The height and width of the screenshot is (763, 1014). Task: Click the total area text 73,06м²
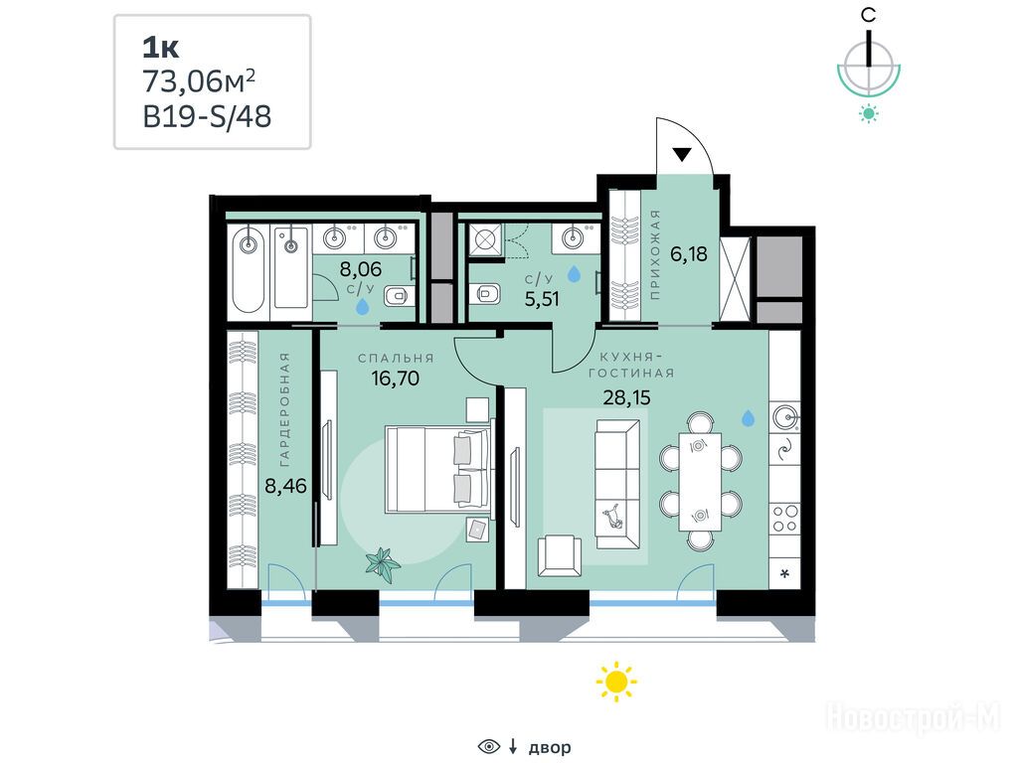click(199, 81)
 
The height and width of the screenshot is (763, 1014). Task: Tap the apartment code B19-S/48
click(207, 117)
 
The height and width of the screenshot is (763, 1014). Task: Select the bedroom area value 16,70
click(395, 378)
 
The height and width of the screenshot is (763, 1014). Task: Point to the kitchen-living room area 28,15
click(626, 397)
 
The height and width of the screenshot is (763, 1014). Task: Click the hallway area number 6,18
click(689, 254)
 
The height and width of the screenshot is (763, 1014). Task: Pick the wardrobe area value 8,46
click(286, 485)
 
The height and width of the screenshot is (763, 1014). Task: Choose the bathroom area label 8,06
click(361, 269)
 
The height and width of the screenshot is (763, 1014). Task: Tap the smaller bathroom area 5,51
click(541, 299)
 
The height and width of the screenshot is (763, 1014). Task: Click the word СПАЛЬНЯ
click(396, 358)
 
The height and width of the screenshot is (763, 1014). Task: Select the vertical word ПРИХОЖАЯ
click(655, 254)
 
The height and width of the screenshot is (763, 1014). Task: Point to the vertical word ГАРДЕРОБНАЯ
click(284, 409)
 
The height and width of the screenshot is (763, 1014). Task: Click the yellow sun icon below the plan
click(616, 681)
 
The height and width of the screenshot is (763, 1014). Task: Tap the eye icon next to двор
click(489, 747)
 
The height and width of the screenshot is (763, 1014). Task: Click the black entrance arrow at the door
click(682, 154)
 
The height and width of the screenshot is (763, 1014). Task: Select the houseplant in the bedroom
click(382, 565)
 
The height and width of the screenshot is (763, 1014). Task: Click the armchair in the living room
click(560, 555)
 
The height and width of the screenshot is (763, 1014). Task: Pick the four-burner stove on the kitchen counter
click(785, 519)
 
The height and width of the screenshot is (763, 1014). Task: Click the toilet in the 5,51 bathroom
click(486, 295)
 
